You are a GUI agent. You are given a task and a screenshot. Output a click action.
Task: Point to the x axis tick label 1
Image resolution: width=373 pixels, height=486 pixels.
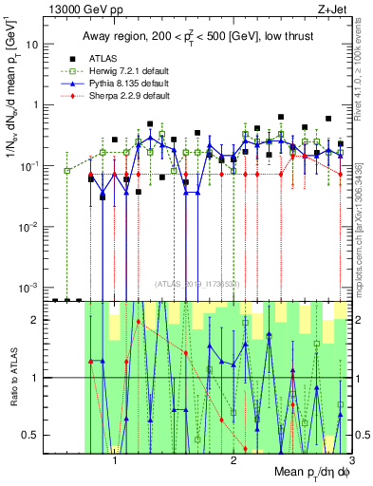(115, 463)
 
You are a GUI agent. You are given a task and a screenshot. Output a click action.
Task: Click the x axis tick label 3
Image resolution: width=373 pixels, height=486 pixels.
(350, 463)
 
